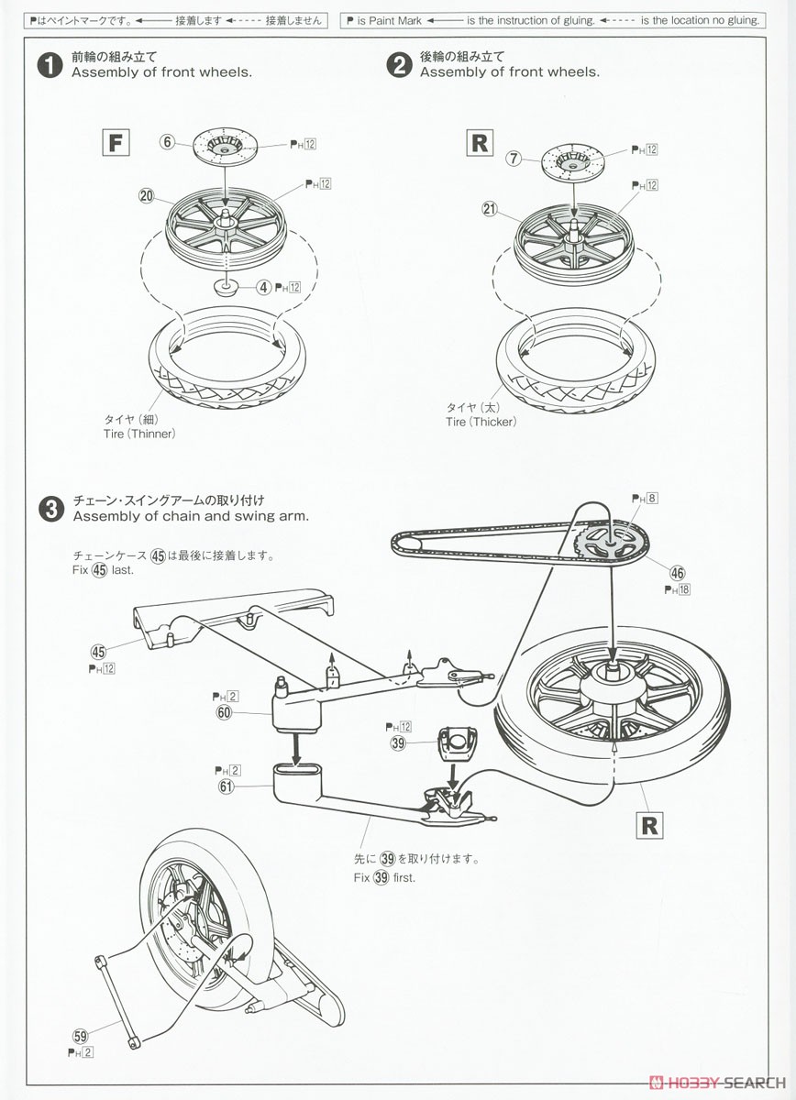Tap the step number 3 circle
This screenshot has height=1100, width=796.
pos(49,507)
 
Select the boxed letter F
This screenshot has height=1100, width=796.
pos(115,143)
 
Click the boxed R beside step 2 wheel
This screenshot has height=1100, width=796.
pos(479,143)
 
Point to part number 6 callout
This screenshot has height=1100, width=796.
pos(167,141)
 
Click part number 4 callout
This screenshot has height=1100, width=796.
pos(263,287)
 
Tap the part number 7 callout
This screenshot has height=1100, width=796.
pos(514,159)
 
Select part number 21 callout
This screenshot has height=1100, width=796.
pos(490,209)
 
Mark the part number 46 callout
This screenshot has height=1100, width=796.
pos(678,573)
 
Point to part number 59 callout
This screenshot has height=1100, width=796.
pos(81,1036)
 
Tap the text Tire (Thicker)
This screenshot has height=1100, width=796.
pos(481,422)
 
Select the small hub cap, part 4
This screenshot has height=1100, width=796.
pos(225,285)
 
